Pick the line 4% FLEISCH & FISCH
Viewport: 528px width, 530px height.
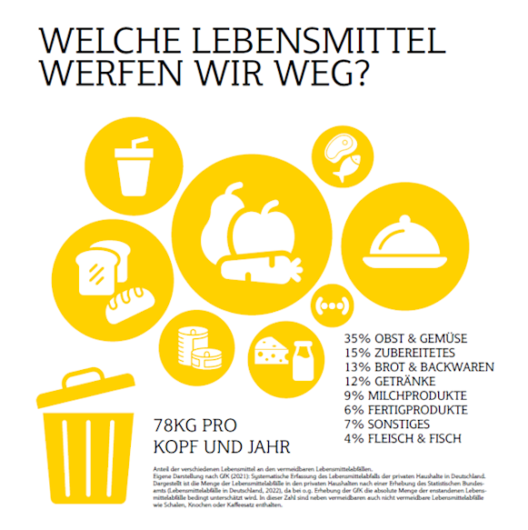403,437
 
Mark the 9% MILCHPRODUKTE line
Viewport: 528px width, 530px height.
406,395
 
